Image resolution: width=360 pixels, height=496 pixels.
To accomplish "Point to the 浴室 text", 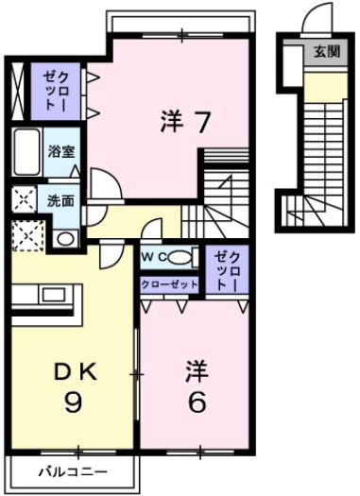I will [x=60, y=150].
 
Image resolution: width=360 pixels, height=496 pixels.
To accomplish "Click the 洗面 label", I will [x=61, y=200].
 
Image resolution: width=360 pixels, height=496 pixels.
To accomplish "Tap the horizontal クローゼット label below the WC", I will [x=170, y=283].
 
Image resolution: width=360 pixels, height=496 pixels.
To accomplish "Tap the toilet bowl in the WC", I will [x=185, y=256].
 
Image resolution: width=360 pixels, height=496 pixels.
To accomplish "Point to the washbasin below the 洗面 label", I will [x=63, y=238].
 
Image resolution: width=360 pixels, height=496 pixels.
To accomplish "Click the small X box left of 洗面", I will [x=22, y=199].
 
